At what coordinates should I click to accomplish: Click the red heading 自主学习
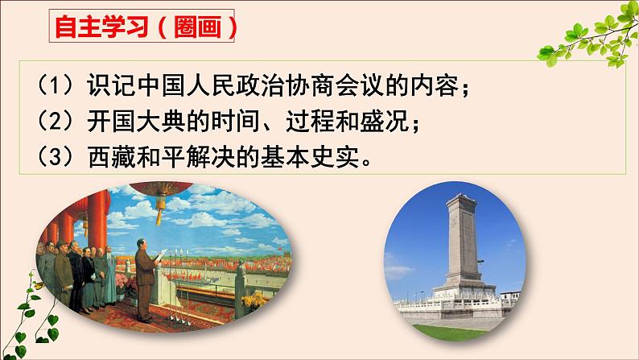tap(101, 27)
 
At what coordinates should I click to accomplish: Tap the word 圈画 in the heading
tap(197, 27)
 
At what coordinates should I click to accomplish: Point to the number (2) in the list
tap(56, 120)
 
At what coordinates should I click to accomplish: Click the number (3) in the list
tap(56, 156)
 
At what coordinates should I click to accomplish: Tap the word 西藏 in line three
tap(111, 156)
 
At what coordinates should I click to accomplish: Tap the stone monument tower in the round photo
tap(463, 245)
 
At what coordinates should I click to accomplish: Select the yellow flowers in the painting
tap(254, 300)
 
